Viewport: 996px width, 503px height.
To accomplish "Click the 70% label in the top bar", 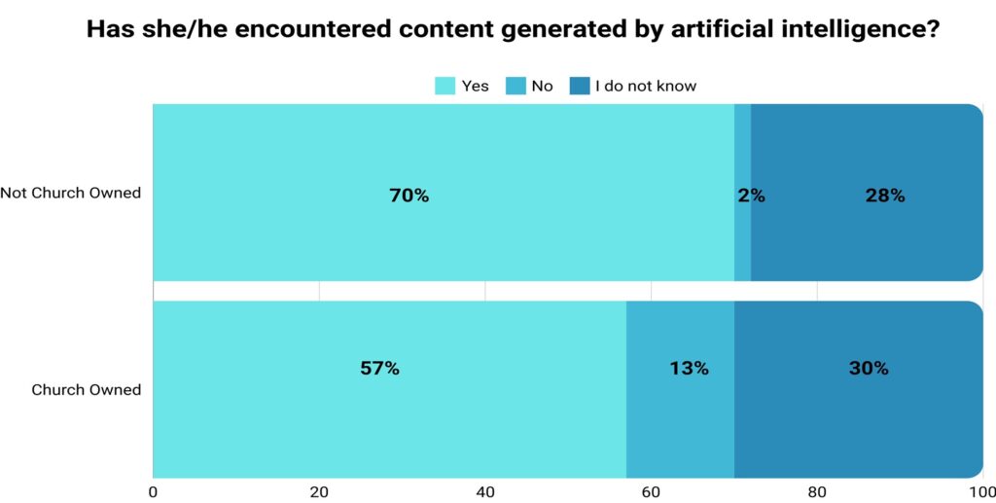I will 409,196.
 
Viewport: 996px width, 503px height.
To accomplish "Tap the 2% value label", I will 751,196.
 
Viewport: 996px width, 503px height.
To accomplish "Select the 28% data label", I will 885,196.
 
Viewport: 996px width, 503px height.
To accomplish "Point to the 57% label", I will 379,369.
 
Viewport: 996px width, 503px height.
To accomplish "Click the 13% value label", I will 689,369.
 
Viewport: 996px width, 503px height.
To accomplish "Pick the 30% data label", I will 868,369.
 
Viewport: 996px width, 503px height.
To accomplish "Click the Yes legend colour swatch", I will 445,86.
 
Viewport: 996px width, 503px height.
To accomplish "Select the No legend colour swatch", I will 516,86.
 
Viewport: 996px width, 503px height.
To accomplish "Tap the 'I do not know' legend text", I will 646,86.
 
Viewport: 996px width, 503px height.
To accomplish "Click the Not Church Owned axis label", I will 71,193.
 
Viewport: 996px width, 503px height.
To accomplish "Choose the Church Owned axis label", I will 87,389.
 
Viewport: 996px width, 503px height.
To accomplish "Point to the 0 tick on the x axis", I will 154,491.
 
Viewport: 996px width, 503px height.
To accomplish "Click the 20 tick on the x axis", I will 319,491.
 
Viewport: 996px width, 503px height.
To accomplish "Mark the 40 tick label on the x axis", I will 485,491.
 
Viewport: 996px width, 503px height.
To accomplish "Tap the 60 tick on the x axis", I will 651,491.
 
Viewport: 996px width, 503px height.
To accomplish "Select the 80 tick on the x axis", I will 817,491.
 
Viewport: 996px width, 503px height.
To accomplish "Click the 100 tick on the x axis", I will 981,491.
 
